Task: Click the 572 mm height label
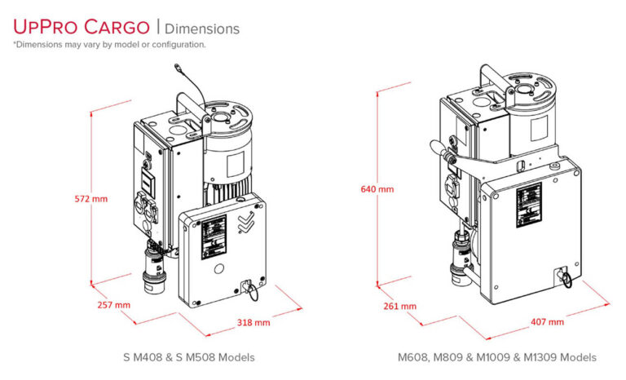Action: coord(90,197)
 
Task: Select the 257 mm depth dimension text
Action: coord(112,305)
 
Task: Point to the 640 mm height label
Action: coord(377,189)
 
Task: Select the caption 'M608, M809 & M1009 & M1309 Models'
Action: coord(496,357)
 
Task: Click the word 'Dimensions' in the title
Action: coord(208,29)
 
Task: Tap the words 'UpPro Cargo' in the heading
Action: coord(81,27)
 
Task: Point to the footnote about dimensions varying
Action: coord(109,45)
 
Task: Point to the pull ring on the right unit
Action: coord(563,278)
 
